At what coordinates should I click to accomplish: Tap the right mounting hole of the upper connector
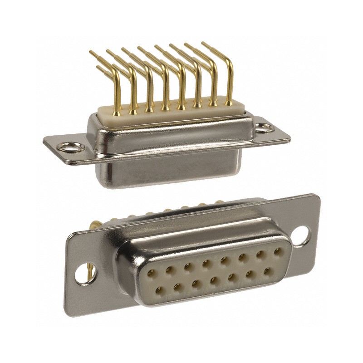click(x=265, y=127)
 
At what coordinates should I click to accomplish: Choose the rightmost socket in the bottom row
click(x=266, y=271)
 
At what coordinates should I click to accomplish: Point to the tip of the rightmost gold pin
click(x=203, y=44)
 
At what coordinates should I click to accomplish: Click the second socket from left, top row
click(x=169, y=270)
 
